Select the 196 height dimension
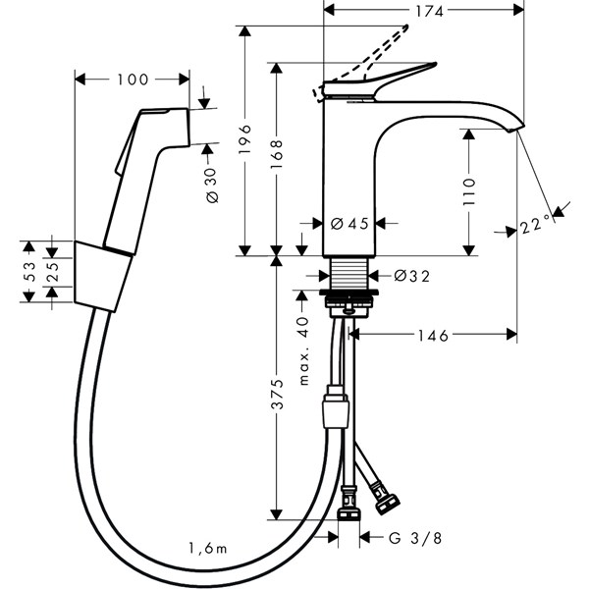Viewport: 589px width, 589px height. point(246,142)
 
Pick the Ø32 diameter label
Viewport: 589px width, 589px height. point(411,276)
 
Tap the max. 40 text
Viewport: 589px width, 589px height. point(305,348)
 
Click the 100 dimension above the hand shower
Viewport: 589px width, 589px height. point(132,80)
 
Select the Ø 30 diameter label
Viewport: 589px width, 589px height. point(213,181)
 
